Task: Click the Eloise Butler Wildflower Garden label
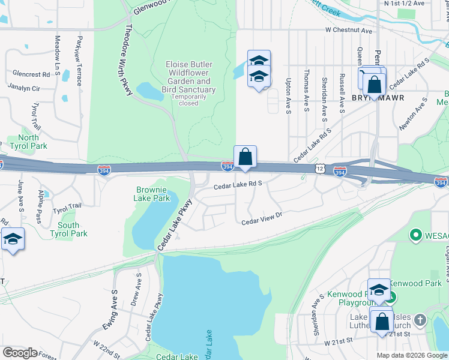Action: (189, 77)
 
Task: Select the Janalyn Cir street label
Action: (23, 88)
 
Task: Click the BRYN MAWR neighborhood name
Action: (377, 97)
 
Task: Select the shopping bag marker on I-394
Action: (245, 157)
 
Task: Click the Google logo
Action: (20, 353)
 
